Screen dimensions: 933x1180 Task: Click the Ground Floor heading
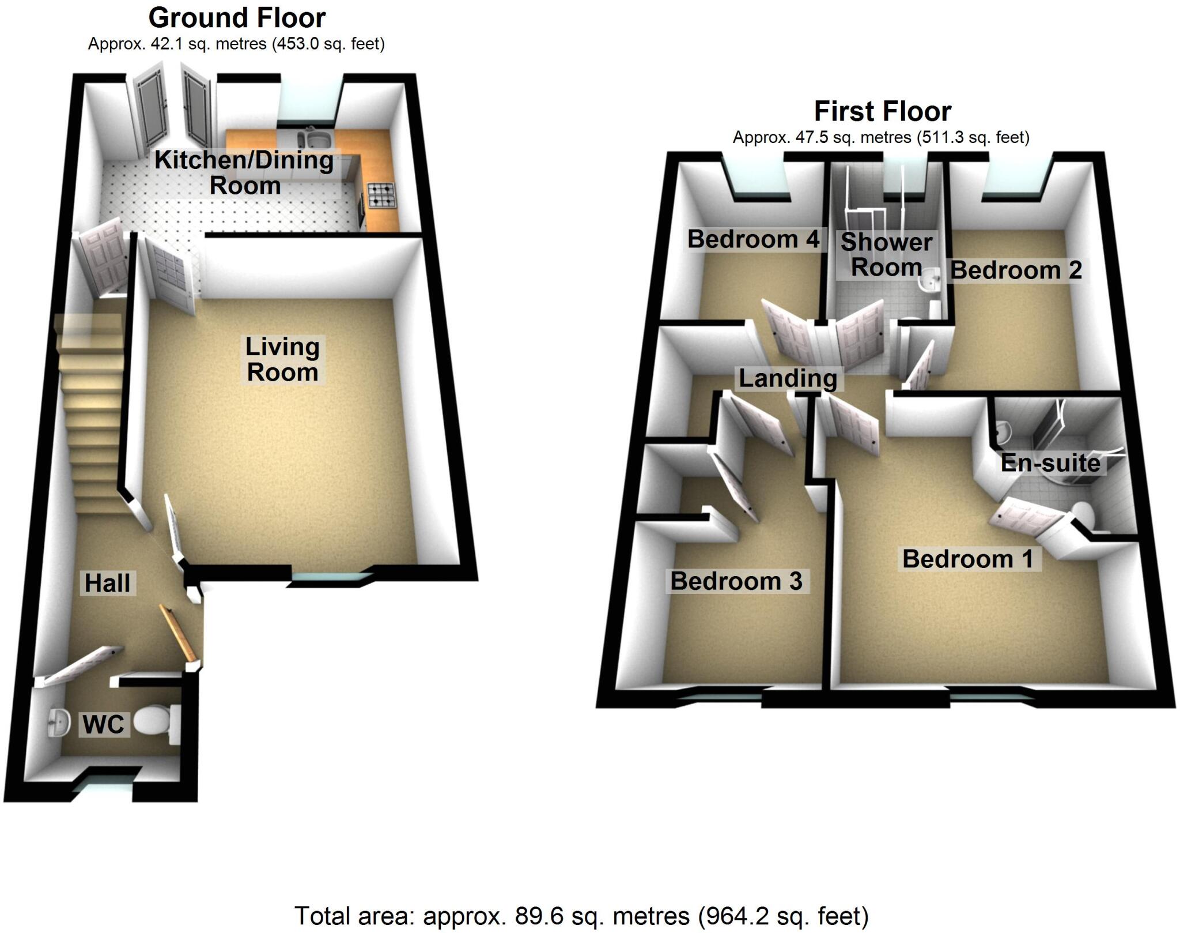tap(237, 18)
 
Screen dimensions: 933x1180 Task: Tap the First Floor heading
tap(882, 111)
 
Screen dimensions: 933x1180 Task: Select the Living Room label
tap(282, 359)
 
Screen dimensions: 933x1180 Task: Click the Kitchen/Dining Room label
tap(244, 172)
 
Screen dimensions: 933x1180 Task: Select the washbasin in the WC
tap(56, 721)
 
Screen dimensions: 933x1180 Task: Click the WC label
tap(103, 724)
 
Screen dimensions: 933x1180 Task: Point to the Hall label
tap(107, 583)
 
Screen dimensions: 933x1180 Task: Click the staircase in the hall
tap(92, 415)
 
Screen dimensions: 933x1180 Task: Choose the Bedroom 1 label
tap(968, 558)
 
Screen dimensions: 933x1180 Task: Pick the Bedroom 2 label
tap(1016, 269)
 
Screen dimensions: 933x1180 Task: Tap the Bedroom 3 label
tap(736, 581)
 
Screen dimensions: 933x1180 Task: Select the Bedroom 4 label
tap(753, 239)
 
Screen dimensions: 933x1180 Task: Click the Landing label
tap(788, 378)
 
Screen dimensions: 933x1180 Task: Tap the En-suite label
tap(1050, 462)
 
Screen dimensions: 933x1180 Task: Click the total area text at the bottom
tap(581, 915)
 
